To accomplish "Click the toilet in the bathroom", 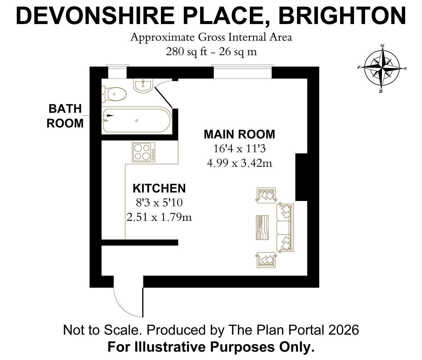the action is point(114,94).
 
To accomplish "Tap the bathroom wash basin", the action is point(143,86).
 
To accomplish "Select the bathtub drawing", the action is point(137,120).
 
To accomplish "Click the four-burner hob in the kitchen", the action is point(144,152).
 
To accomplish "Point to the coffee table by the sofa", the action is point(262,227).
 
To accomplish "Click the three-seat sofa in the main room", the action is point(285,227).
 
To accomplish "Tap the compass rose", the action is point(382,68).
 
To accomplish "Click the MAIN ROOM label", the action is point(239,134).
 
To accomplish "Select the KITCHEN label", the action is point(159,188).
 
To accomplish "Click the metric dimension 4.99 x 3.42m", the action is point(239,163).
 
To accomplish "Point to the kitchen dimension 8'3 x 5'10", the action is point(159,203).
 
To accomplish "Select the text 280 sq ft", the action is point(187,52).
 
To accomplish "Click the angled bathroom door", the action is point(164,97).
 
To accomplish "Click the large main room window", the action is point(242,72).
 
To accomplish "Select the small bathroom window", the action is point(117,72).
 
